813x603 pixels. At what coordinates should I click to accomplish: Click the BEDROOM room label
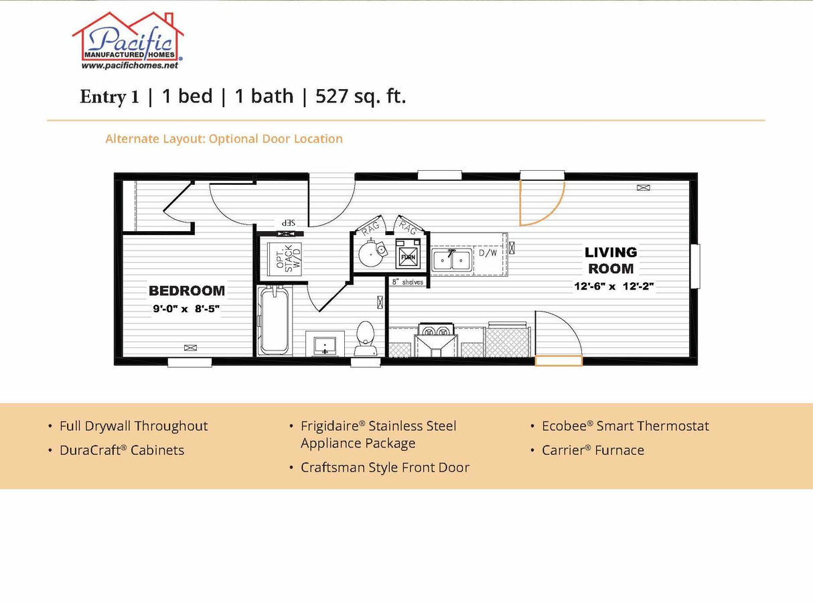click(186, 291)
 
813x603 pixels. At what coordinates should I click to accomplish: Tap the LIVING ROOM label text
click(610, 260)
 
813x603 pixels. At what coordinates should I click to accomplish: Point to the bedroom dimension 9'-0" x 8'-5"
click(186, 309)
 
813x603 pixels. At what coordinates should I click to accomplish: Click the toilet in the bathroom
click(365, 338)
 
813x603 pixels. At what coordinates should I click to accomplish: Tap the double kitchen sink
click(451, 259)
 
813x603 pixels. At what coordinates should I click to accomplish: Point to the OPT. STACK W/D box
click(285, 257)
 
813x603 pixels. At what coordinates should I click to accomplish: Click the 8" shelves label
click(408, 282)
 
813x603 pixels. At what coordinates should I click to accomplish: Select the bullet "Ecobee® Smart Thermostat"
click(625, 426)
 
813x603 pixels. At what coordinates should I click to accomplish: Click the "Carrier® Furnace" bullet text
click(593, 450)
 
